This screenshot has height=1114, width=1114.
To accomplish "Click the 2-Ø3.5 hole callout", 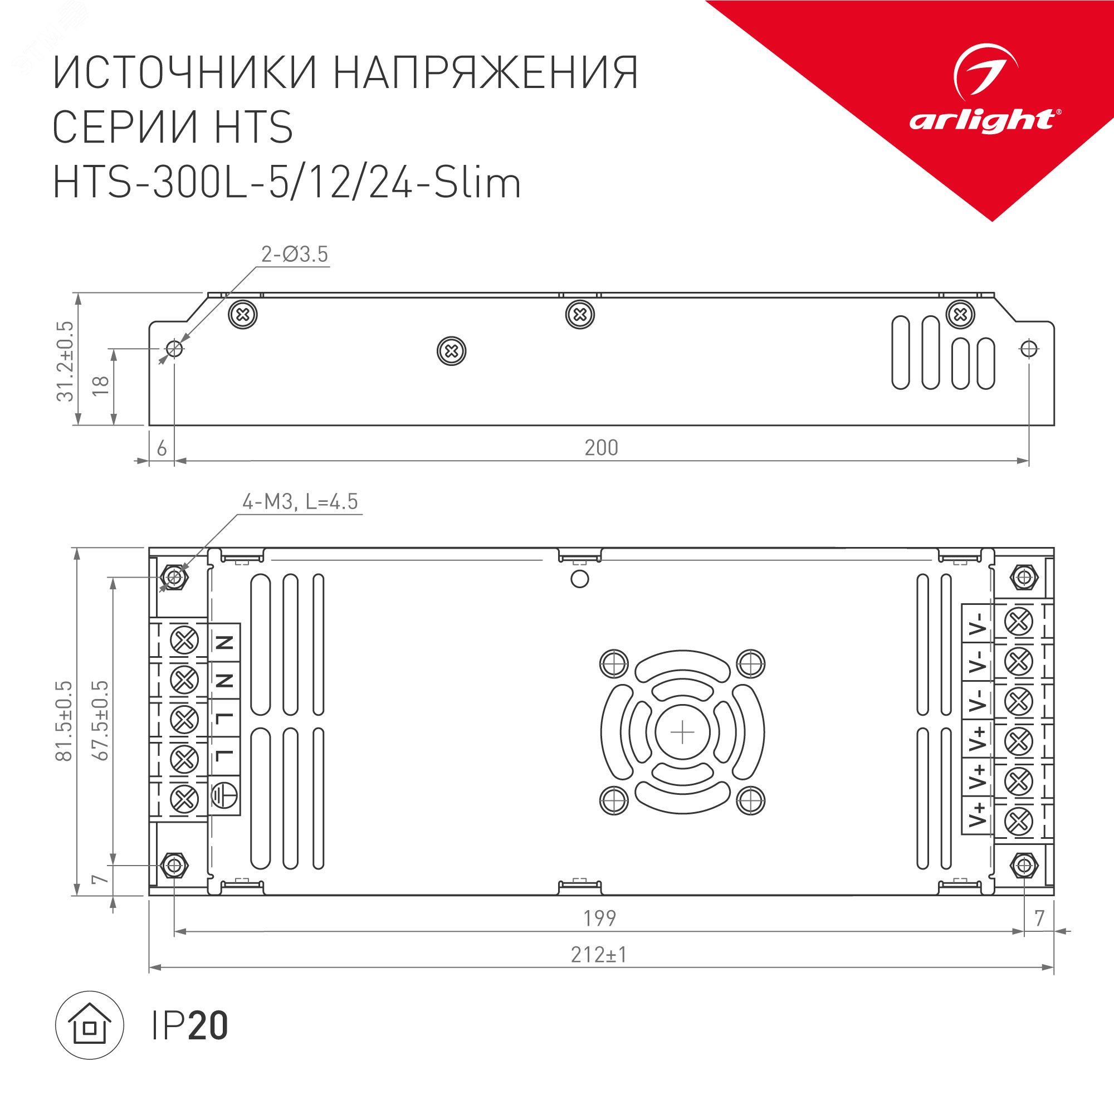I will click(294, 255).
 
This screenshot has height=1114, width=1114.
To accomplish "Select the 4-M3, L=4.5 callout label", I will click(300, 502).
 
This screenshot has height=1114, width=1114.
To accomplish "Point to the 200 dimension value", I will click(601, 448).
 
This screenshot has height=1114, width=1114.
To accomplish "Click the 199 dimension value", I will click(600, 918).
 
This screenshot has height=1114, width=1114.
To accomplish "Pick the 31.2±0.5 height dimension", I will click(66, 361).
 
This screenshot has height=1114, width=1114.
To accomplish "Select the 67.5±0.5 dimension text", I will click(100, 721).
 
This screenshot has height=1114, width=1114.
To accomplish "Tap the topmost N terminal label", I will click(224, 642).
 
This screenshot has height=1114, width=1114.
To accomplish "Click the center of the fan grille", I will click(683, 732).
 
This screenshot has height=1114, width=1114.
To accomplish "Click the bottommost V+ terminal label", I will click(978, 814).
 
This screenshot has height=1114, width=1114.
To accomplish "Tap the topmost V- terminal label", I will click(978, 623).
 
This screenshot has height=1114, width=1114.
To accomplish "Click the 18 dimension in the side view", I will click(101, 384).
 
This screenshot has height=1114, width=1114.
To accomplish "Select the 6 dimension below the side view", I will click(162, 448).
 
